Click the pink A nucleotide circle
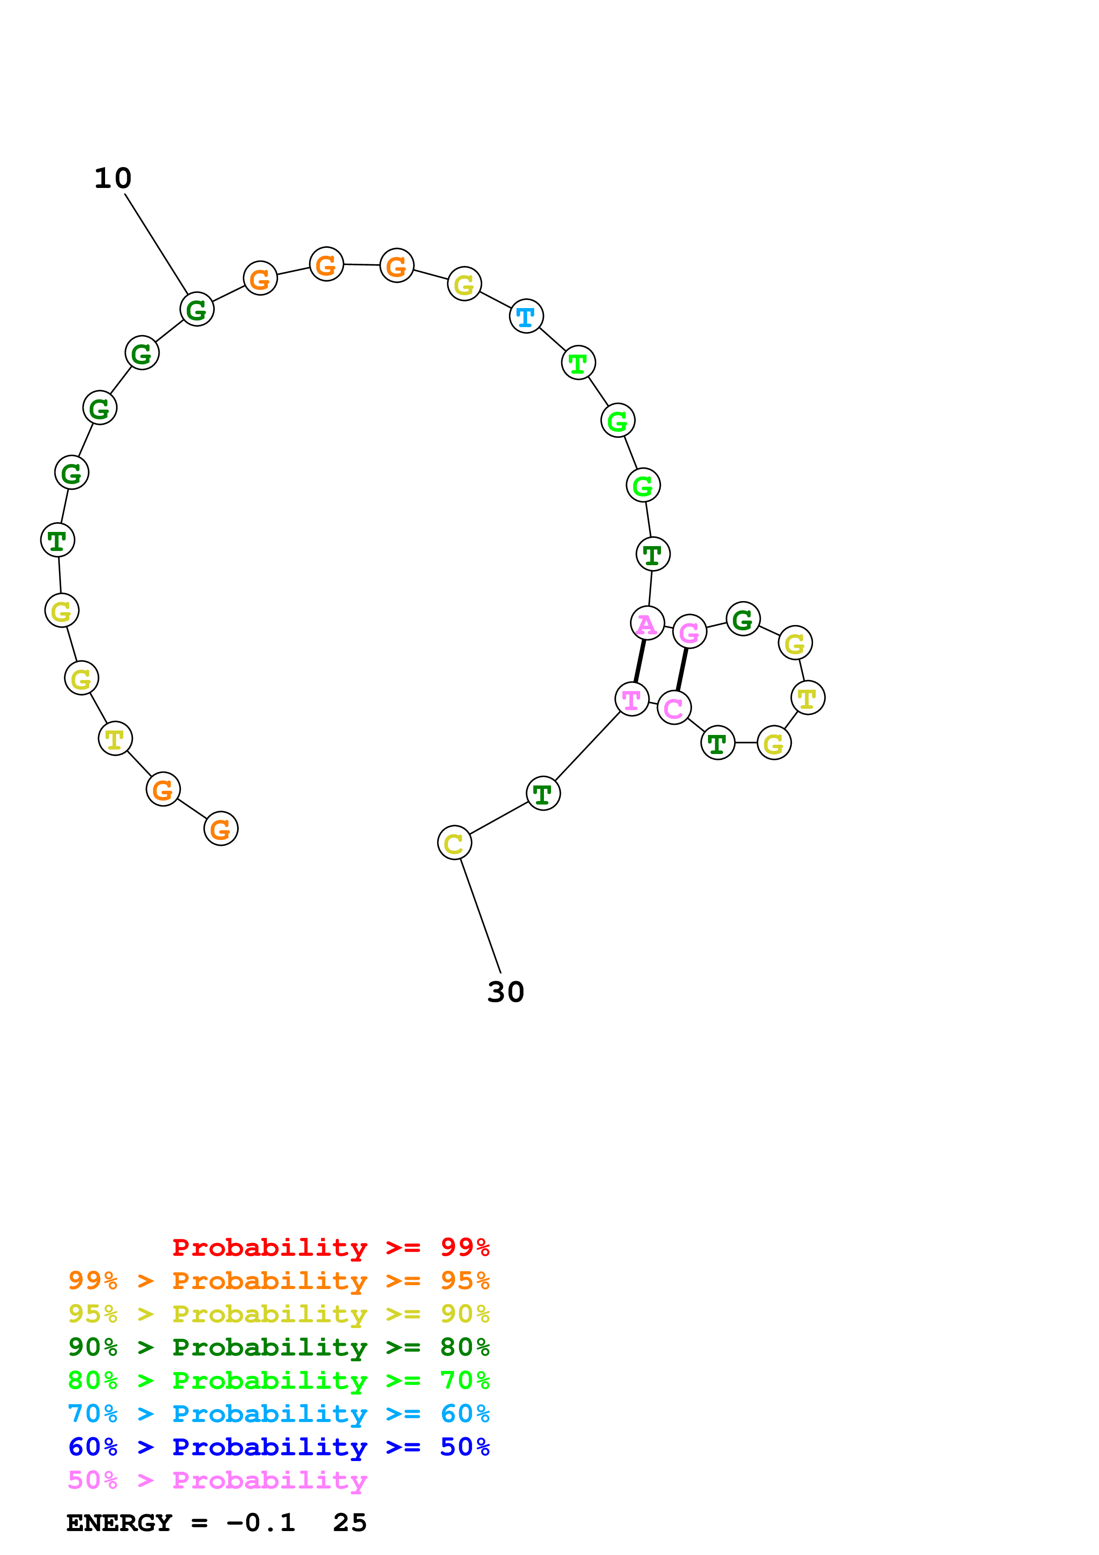pyautogui.click(x=647, y=623)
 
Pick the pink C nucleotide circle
pyautogui.click(x=674, y=708)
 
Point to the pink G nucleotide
pyautogui.click(x=689, y=632)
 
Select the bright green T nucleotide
pyautogui.click(x=578, y=363)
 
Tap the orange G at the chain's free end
pyautogui.click(x=221, y=828)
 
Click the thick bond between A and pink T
pyautogui.click(x=639, y=661)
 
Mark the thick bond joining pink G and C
pyautogui.click(x=682, y=670)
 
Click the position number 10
pyautogui.click(x=113, y=178)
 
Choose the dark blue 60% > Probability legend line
pyautogui.click(x=278, y=1447)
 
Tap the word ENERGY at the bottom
pyautogui.click(x=119, y=1523)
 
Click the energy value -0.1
pyautogui.click(x=261, y=1523)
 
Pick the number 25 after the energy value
pyautogui.click(x=349, y=1523)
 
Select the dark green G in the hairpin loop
pyautogui.click(x=743, y=619)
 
